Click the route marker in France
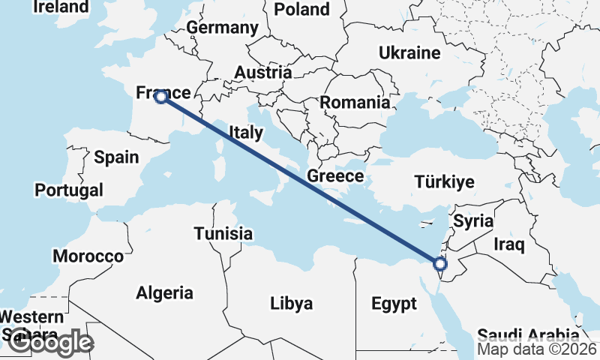pyautogui.click(x=160, y=96)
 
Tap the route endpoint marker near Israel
pyautogui.click(x=440, y=263)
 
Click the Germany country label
pyautogui.click(x=222, y=28)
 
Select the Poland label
pyautogui.click(x=302, y=9)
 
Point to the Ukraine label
pyautogui.click(x=409, y=53)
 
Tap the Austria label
pyautogui.click(x=262, y=73)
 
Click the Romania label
pyautogui.click(x=355, y=103)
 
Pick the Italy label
pyautogui.click(x=246, y=133)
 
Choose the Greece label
pyautogui.click(x=335, y=176)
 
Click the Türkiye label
pyautogui.click(x=445, y=181)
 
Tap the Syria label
pyautogui.click(x=473, y=221)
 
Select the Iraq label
pyautogui.click(x=509, y=244)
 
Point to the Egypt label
pyautogui.click(x=394, y=304)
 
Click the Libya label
pyautogui.click(x=291, y=304)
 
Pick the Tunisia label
pyautogui.click(x=223, y=233)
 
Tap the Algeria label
pyautogui.click(x=164, y=292)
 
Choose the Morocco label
pyautogui.click(x=88, y=256)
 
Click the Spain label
pyautogui.click(x=116, y=157)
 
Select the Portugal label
pyautogui.click(x=69, y=190)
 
